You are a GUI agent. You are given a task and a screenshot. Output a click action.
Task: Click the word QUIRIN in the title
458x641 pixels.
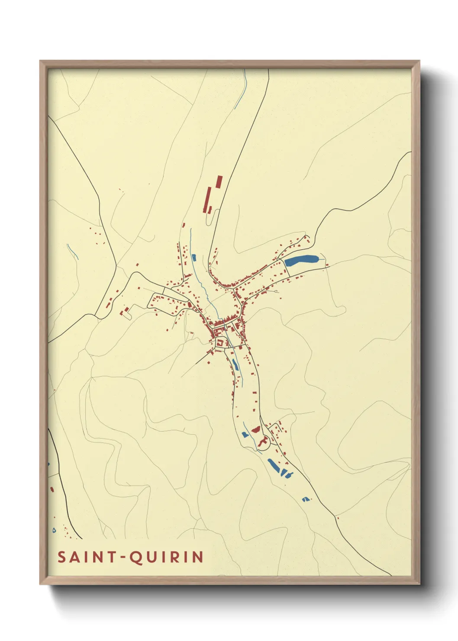point(167,557)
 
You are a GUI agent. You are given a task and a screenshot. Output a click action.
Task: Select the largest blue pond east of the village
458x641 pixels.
point(301,261)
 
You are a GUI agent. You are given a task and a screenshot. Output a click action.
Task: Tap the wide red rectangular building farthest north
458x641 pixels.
point(219,181)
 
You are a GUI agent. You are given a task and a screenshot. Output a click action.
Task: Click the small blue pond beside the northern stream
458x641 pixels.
point(194,258)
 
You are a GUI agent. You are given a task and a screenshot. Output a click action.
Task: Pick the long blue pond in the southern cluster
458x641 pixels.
point(274,466)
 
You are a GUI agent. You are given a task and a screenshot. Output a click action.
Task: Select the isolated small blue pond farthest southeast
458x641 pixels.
point(306,499)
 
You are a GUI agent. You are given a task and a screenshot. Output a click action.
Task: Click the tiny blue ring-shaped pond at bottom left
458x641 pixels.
point(54,530)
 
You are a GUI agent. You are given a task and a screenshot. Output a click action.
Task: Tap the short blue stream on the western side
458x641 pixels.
point(72,252)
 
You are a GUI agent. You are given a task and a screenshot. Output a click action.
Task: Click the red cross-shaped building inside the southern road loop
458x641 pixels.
point(262,442)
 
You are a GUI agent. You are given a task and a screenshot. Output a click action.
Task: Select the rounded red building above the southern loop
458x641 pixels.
point(256,429)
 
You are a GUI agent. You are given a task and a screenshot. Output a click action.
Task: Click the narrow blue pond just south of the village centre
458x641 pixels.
point(235,364)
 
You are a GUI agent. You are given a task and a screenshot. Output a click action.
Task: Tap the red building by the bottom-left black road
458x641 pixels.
point(52,489)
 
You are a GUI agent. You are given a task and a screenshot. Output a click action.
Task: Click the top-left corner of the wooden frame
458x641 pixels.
point(40,61)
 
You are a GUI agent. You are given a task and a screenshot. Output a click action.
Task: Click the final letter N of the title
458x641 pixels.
point(199,557)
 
